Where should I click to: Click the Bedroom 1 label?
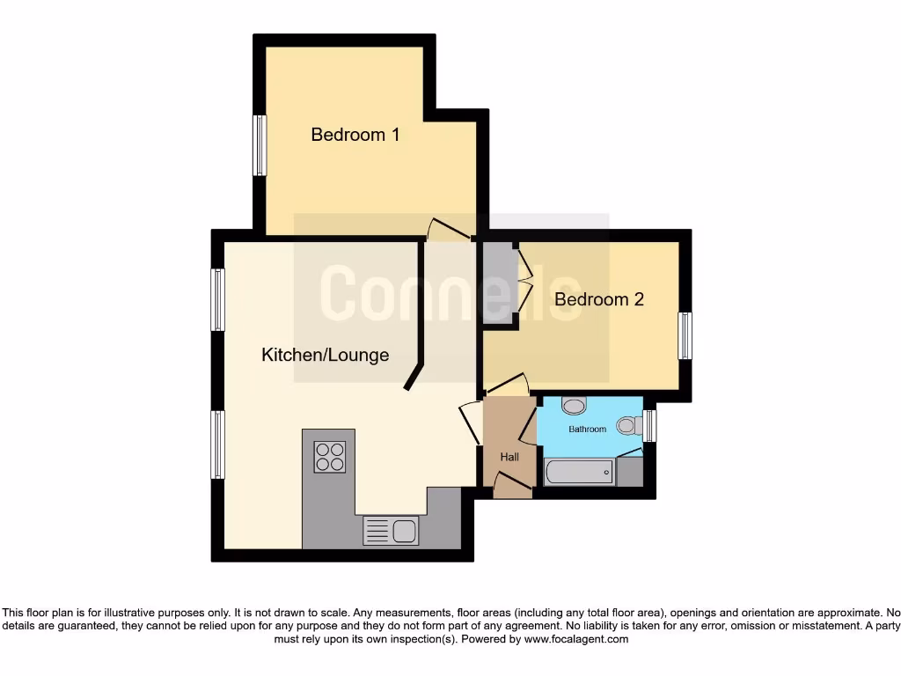point(355,135)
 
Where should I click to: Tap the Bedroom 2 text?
point(598,299)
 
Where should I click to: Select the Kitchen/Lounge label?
point(325,355)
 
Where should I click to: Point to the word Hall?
point(509,457)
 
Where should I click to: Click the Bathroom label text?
point(587,430)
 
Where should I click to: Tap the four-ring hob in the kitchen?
point(330,457)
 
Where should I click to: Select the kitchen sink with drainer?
point(392,531)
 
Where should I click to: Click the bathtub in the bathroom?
point(579,473)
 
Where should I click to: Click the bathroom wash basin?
point(574,406)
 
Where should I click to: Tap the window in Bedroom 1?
point(260,145)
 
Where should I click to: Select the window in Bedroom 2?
point(685,335)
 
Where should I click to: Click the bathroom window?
point(649,426)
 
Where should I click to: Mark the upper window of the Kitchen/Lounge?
point(217,299)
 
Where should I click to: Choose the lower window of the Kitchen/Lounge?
point(217,445)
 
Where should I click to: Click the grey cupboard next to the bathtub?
point(629,471)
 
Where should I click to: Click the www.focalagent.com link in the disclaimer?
point(575,639)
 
